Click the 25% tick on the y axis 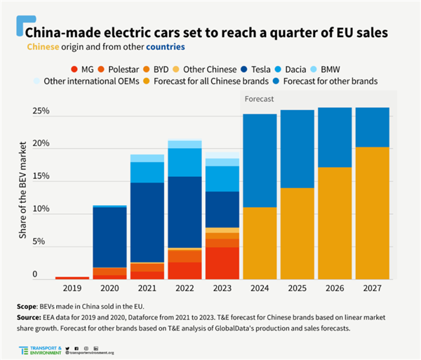coord(39,111)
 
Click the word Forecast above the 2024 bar coord(259,99)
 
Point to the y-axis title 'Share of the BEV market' coord(22,193)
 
